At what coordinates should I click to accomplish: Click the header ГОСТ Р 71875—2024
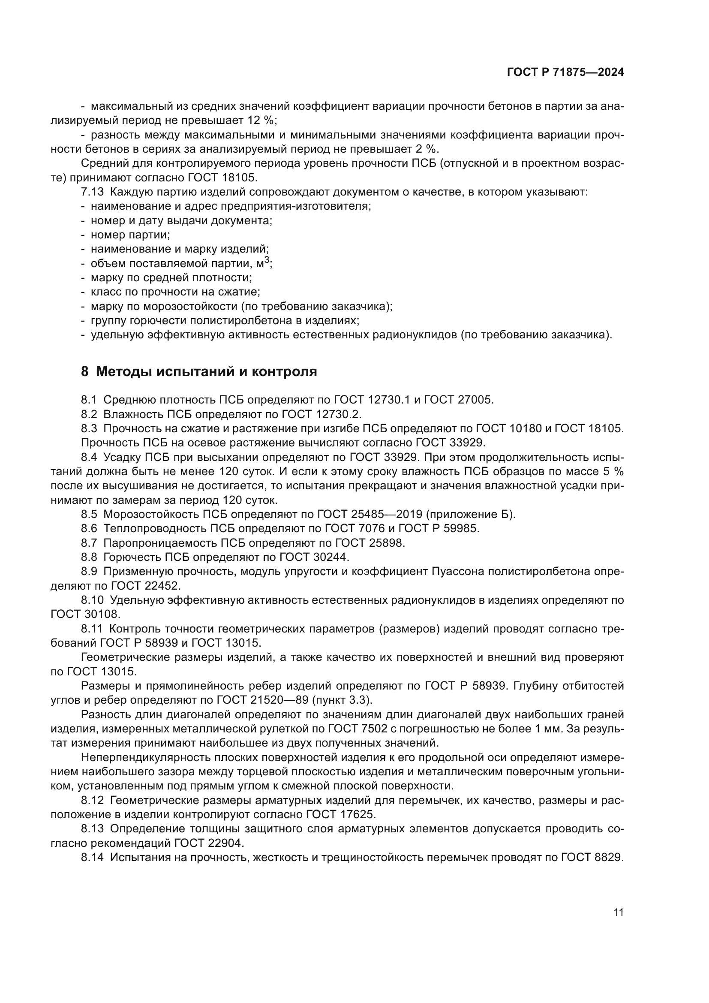pyautogui.click(x=565, y=72)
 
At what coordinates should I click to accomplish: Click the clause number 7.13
pyautogui.click(x=92, y=192)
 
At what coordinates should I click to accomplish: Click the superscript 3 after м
pyautogui.click(x=267, y=260)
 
